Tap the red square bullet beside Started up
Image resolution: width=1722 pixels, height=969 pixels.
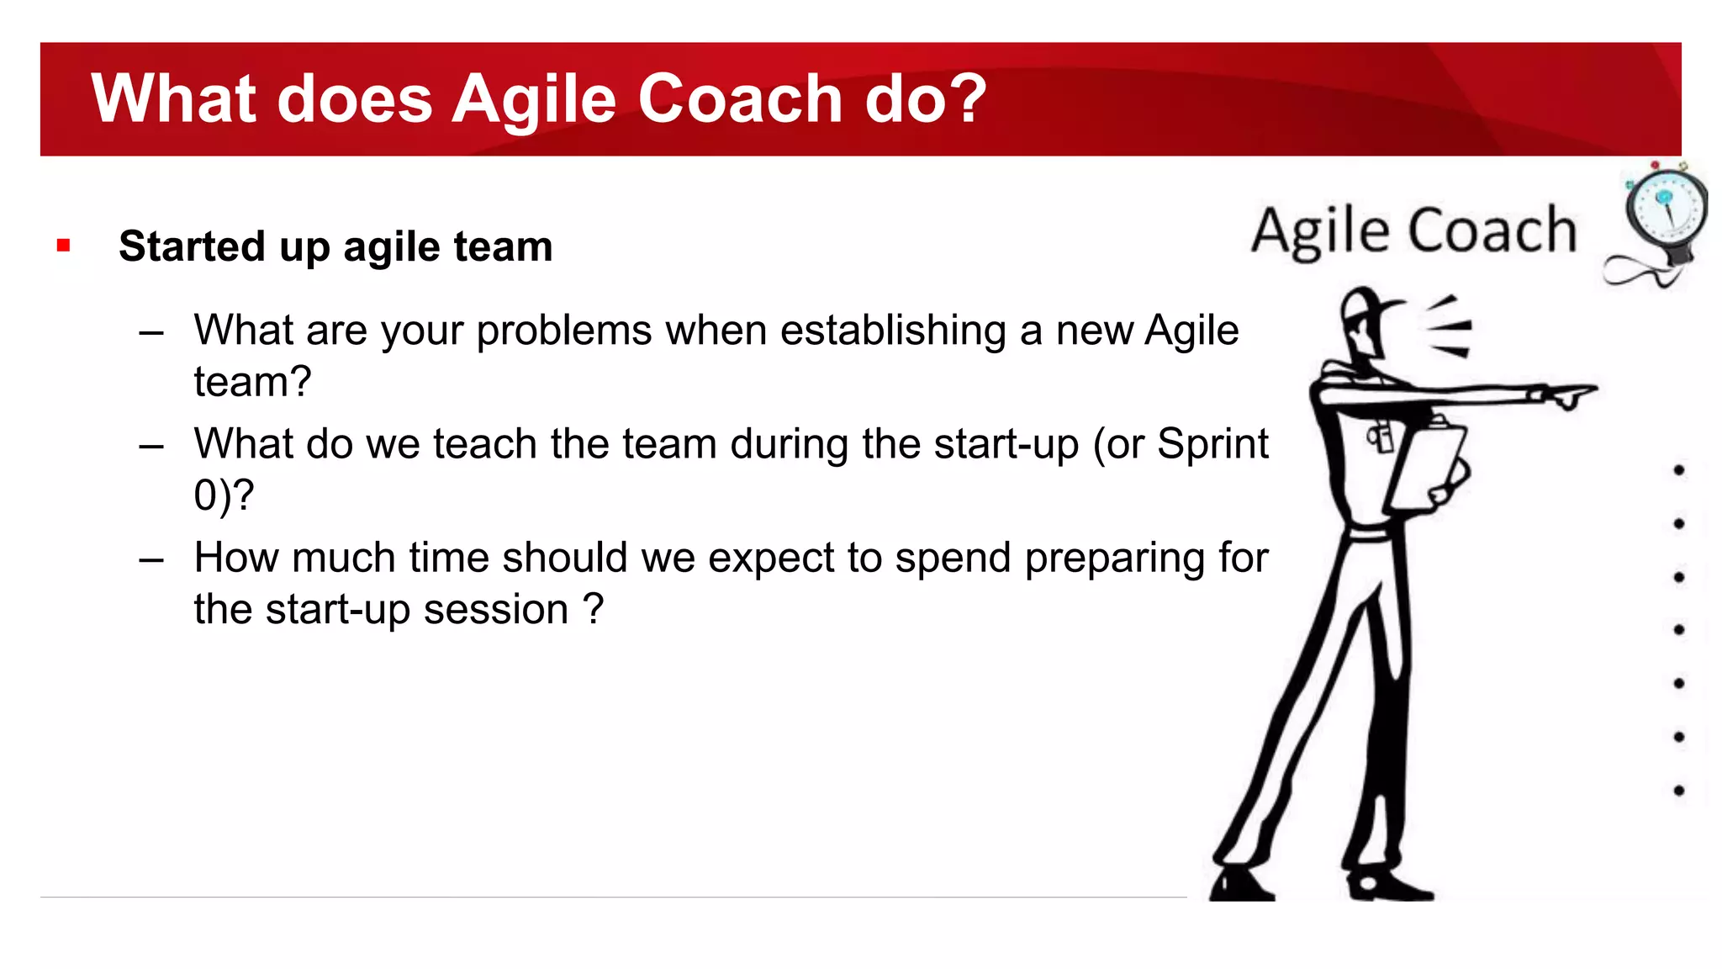tap(63, 246)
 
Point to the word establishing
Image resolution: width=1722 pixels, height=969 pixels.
tap(892, 331)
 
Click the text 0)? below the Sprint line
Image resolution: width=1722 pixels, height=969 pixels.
tap(223, 495)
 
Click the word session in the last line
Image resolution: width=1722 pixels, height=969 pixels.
tap(496, 610)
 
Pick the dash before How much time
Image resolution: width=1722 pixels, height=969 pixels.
tap(151, 559)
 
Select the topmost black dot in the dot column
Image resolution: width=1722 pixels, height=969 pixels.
tap(1678, 470)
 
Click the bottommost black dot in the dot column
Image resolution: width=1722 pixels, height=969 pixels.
tap(1678, 791)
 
